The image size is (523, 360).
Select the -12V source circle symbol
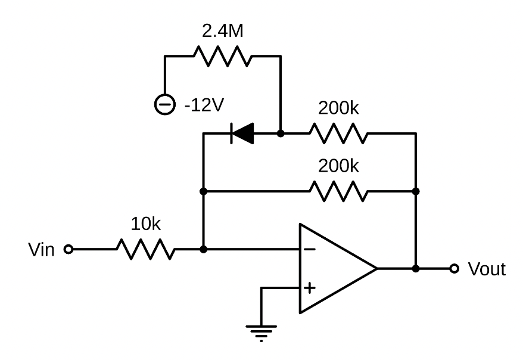coord(164,105)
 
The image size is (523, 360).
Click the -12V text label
coord(204,105)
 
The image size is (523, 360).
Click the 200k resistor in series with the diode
coord(338,134)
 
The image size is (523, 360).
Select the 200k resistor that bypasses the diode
coord(338,192)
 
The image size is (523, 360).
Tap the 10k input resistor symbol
coord(145,249)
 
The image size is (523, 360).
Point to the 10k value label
coord(145,224)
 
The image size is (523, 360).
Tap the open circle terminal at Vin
coord(68,250)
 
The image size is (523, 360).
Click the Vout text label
coord(486,269)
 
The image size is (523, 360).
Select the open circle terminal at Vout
coord(455,269)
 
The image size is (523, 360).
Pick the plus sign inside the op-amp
coord(310,288)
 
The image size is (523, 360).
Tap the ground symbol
coord(261,330)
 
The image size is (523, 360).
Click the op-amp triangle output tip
coord(376,269)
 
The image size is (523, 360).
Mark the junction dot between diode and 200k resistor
coord(281,134)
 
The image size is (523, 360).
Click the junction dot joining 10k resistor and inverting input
coord(204,249)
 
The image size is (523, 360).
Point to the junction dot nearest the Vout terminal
coord(416,269)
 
